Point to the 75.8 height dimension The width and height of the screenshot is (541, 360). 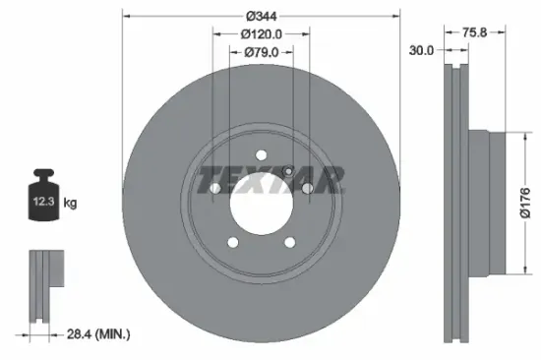[x=477, y=31]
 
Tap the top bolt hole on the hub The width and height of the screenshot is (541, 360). [x=261, y=153]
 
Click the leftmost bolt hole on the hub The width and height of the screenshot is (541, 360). [x=214, y=187]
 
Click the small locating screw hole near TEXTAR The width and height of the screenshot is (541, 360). [x=286, y=173]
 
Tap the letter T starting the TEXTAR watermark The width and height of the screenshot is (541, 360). [x=210, y=181]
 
